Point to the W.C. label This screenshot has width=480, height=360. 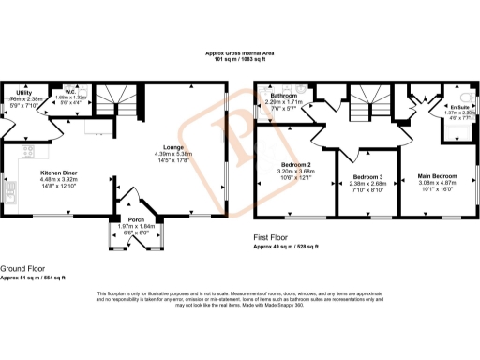(71, 93)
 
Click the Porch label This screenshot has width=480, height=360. (136, 218)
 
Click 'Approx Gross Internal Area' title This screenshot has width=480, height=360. (240, 55)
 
